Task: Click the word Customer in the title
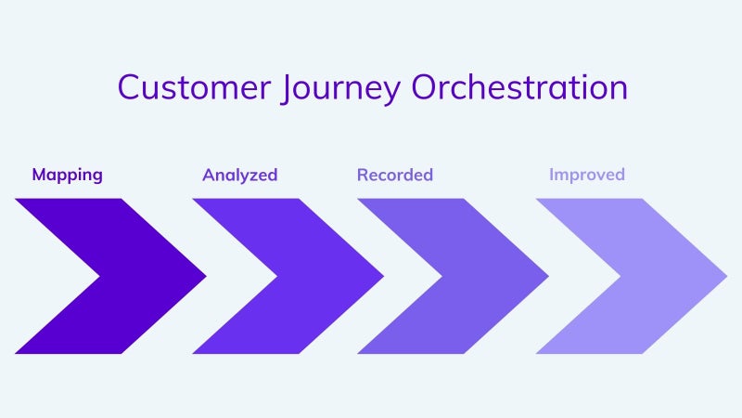pyautogui.click(x=194, y=87)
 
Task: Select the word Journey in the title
pyautogui.click(x=340, y=89)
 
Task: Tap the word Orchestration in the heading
pyautogui.click(x=519, y=86)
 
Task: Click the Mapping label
pyautogui.click(x=67, y=175)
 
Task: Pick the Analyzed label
pyautogui.click(x=240, y=175)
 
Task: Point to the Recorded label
pyautogui.click(x=395, y=175)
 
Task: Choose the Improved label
pyautogui.click(x=587, y=175)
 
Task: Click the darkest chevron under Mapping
pyautogui.click(x=142, y=276)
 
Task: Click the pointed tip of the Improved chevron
pyautogui.click(x=727, y=276)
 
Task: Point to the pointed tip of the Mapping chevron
pyautogui.click(x=206, y=276)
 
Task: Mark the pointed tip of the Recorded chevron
pyautogui.click(x=548, y=276)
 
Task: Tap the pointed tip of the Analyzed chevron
pyautogui.click(x=384, y=276)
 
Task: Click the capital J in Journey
pyautogui.click(x=286, y=88)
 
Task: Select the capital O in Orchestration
pyautogui.click(x=425, y=87)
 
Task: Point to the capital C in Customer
pyautogui.click(x=129, y=87)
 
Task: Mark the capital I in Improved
pyautogui.click(x=551, y=175)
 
